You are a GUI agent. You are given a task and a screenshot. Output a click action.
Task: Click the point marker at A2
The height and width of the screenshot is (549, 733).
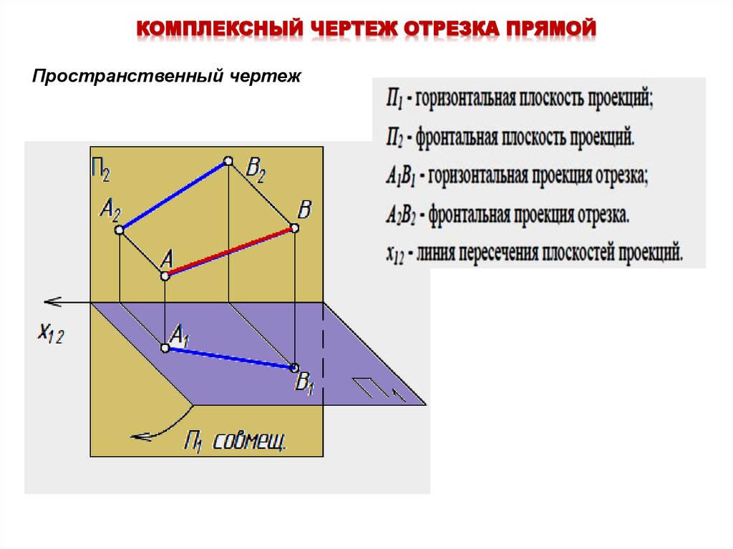120,230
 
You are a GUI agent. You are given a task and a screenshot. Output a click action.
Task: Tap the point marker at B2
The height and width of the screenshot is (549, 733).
228,161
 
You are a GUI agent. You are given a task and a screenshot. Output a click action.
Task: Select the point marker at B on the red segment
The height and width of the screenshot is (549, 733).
293,228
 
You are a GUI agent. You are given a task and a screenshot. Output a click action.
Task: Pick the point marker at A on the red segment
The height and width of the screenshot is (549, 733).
165,276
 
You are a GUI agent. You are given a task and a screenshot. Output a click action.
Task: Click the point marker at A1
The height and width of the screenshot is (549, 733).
165,349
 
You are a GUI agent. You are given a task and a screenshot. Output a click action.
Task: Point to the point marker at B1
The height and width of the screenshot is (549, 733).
293,368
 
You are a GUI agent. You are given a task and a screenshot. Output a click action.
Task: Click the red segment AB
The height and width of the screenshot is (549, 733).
229,252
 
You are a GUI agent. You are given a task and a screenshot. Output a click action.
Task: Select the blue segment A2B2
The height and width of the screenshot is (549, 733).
174,195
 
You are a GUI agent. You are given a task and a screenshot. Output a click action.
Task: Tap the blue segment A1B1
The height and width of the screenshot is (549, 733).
229,358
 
